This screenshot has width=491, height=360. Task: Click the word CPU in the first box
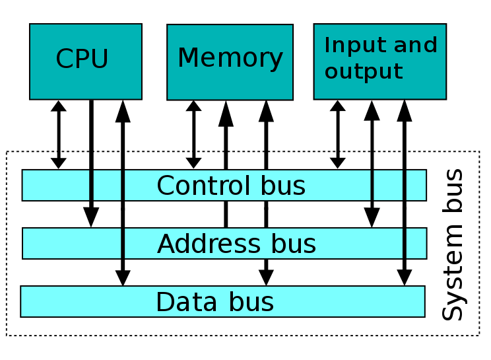point(82,59)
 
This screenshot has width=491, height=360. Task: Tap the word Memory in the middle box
point(230,59)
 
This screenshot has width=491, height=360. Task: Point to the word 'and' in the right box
point(415,46)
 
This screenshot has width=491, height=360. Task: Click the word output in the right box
point(364,71)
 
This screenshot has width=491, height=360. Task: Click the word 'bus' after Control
point(282,186)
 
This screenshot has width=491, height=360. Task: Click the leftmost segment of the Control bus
point(56,185)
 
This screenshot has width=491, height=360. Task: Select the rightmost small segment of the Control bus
point(416,185)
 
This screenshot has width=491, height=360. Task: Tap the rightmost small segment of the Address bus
point(416,243)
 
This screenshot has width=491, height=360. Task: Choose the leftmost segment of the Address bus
point(72,243)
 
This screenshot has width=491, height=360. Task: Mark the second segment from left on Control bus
point(107,185)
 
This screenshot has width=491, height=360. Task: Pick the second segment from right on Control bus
point(388,185)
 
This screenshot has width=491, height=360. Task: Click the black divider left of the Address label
point(123,243)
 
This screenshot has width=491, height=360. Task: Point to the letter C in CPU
point(63,59)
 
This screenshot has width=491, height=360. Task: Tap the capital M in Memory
point(187,59)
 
